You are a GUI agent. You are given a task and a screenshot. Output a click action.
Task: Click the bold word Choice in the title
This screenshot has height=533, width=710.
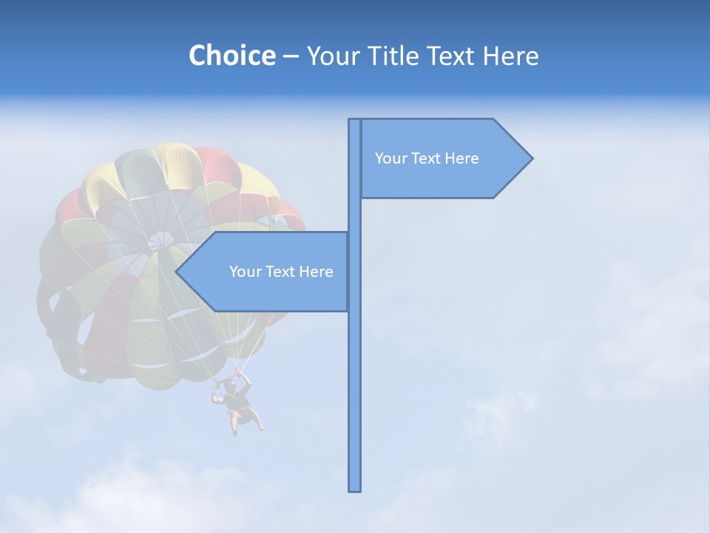[x=231, y=56]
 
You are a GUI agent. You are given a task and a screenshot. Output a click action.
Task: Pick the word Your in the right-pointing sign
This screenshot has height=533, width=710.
[x=392, y=158]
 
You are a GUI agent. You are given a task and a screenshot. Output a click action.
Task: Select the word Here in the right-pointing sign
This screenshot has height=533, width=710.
[x=461, y=158]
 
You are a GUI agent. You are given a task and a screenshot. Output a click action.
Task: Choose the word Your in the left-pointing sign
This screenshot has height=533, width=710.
[x=246, y=272]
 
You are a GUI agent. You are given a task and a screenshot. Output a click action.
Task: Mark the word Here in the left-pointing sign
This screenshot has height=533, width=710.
[x=316, y=272]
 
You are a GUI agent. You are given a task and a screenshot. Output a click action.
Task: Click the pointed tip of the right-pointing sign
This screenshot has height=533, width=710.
[x=531, y=158]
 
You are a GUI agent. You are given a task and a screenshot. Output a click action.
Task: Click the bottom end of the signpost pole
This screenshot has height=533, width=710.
[x=355, y=489]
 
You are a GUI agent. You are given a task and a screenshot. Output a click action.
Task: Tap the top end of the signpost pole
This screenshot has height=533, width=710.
[x=355, y=121]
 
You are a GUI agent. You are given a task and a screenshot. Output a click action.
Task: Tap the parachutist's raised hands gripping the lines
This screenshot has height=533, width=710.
[x=231, y=380]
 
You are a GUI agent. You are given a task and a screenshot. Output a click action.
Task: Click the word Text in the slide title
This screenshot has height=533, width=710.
[x=451, y=56]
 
